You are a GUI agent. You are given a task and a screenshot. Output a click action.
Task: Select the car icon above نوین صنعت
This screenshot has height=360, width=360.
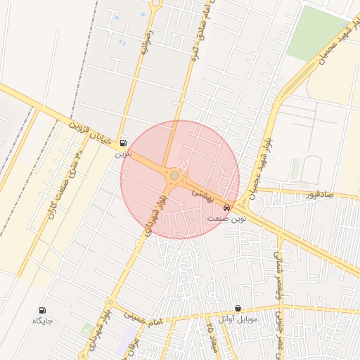tap(226, 209)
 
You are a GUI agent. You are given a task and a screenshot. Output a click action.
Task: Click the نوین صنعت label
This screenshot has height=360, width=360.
tap(227, 219)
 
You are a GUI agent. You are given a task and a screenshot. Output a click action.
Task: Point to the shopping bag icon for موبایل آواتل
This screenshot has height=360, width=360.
tap(238, 309)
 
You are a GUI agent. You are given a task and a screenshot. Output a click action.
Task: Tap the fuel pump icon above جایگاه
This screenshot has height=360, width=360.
tap(42, 310)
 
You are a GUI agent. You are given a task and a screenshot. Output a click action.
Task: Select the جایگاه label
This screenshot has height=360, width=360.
tap(42, 321)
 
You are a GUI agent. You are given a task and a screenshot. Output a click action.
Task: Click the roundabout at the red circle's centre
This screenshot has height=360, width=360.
tap(174, 175)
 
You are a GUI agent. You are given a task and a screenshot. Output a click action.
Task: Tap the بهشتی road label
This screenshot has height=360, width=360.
tap(207, 185)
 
